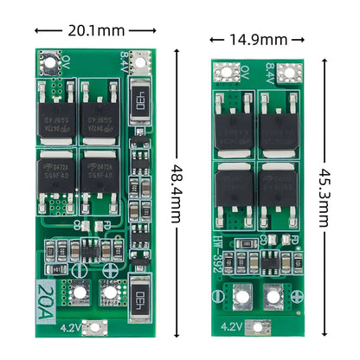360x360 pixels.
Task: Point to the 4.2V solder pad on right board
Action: pos(256,328)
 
